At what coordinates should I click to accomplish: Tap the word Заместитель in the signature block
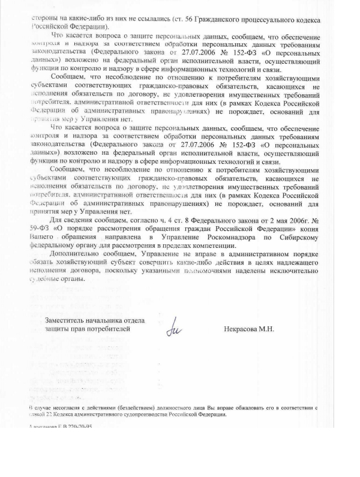click(x=67, y=319)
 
